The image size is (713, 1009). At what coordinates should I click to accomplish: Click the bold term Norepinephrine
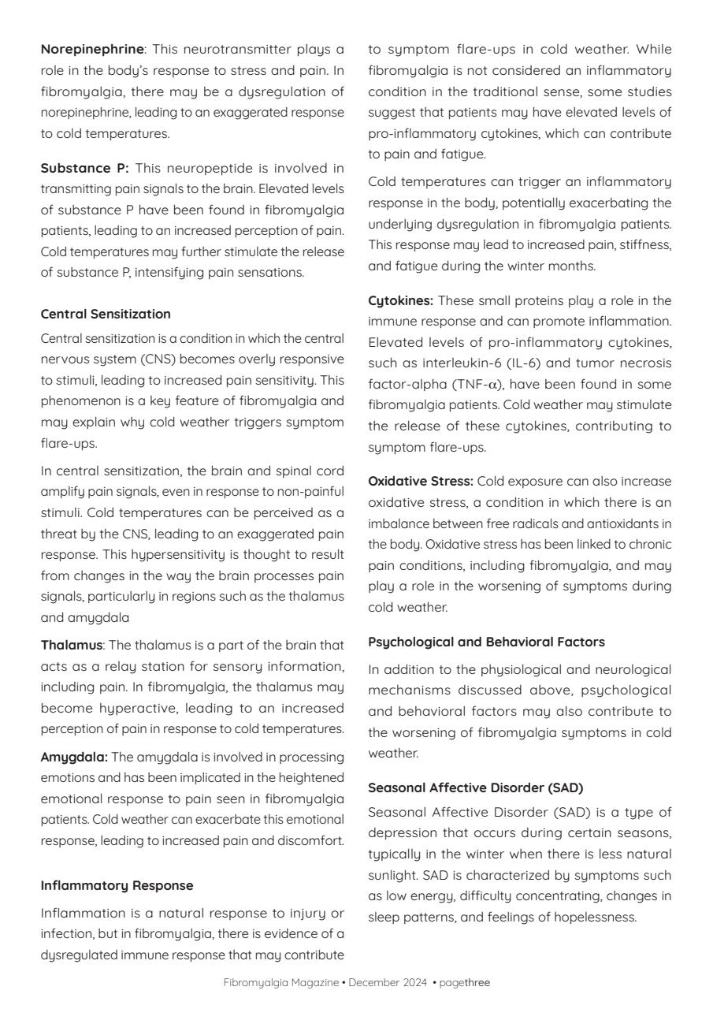pos(92,50)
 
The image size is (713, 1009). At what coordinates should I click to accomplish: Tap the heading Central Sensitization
pos(106,314)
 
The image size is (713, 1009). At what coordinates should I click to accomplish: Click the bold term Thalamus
pos(71,645)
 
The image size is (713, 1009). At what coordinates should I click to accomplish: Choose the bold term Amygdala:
pos(74,757)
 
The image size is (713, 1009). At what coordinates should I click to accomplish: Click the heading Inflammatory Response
pos(117,885)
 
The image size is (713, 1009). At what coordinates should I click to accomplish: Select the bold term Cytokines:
pos(400,300)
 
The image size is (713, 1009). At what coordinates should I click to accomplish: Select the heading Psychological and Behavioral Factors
pos(486,642)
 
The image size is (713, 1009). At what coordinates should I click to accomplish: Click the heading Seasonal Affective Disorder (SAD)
pos(475,787)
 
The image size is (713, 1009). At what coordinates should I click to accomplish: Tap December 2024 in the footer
pos(388,982)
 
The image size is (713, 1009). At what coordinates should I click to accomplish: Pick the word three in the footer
pos(477,982)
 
